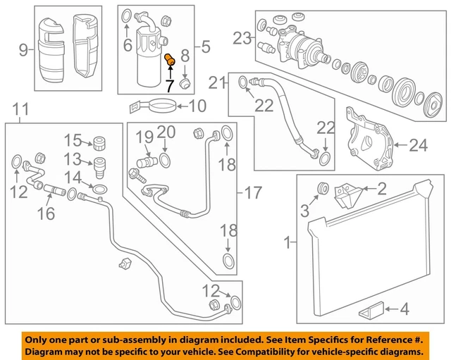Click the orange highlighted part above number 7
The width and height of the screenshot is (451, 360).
pyautogui.click(x=170, y=59)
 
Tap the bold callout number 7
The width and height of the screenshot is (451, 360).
pyautogui.click(x=169, y=86)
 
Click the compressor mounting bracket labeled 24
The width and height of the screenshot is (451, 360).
pyautogui.click(x=370, y=139)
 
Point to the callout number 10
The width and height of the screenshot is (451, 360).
pyautogui.click(x=197, y=106)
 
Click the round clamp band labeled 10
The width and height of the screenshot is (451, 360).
pyautogui.click(x=162, y=106)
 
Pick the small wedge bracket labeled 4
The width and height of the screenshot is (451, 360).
pyautogui.click(x=371, y=310)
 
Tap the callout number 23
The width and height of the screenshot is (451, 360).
pyautogui.click(x=242, y=38)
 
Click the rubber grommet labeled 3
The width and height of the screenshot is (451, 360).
pyautogui.click(x=323, y=188)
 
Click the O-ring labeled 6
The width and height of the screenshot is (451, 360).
pyautogui.click(x=127, y=16)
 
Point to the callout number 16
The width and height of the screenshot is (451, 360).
pyautogui.click(x=46, y=213)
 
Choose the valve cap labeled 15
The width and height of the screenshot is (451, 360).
pyautogui.click(x=99, y=143)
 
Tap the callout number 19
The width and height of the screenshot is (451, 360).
pyautogui.click(x=144, y=137)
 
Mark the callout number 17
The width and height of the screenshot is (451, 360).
pyautogui.click(x=253, y=192)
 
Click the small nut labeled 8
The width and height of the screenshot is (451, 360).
pyautogui.click(x=185, y=82)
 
